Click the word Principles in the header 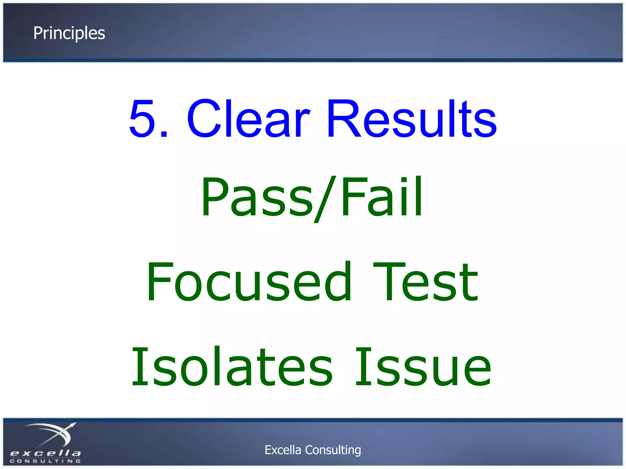69,33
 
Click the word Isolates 232,366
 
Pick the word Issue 423,366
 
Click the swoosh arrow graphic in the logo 52,434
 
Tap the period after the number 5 164,133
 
